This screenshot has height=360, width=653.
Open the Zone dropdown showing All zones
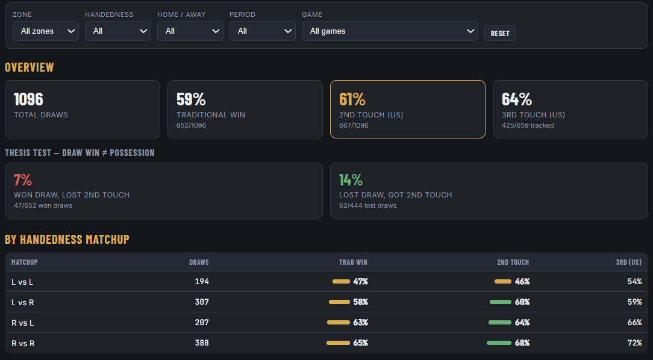[x=46, y=31]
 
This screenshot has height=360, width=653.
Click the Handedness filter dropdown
[x=118, y=31]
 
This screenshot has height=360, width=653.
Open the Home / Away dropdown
[x=190, y=31]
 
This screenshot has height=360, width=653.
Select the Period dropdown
[x=263, y=31]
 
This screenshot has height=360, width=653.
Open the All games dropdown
[x=390, y=31]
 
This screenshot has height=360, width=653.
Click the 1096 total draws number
[x=28, y=99]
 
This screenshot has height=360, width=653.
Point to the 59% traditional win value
[x=191, y=99]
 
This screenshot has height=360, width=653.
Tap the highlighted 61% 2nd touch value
[x=352, y=99]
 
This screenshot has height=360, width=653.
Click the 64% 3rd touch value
[x=517, y=99]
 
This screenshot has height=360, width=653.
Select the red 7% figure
[x=23, y=180]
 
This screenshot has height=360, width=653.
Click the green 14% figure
[x=351, y=180]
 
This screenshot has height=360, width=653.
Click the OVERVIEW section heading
[x=29, y=67]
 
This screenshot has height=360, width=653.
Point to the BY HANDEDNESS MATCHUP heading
[x=67, y=240]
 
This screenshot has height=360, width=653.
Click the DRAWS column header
[x=199, y=262]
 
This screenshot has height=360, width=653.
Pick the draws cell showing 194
[x=202, y=281]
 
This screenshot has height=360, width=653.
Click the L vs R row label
[x=23, y=303]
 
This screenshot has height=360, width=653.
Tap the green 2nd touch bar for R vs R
[x=499, y=343]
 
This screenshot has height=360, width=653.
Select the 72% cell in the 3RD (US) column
[x=635, y=343]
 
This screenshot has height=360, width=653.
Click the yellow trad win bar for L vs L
[x=341, y=281]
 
